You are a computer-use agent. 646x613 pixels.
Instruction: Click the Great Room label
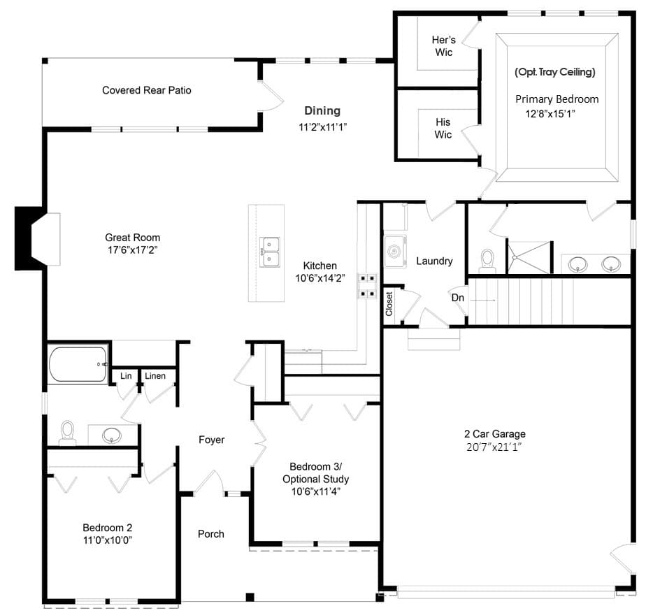pyautogui.click(x=132, y=237)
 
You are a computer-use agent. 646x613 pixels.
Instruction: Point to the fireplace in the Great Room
pyautogui.click(x=37, y=239)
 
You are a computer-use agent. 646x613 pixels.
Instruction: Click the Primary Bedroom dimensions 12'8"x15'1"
pyautogui.click(x=550, y=114)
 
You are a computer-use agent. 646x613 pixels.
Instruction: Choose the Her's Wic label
pyautogui.click(x=444, y=45)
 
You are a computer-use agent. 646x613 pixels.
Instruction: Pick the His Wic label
pyautogui.click(x=443, y=128)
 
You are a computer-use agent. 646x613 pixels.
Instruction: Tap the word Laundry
pyautogui.click(x=434, y=261)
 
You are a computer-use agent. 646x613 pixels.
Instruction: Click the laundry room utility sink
pyautogui.click(x=396, y=251)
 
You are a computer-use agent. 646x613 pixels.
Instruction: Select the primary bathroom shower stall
pyautogui.click(x=529, y=257)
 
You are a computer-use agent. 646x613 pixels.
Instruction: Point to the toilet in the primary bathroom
pyautogui.click(x=487, y=261)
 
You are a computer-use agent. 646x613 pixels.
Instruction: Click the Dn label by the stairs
pyautogui.click(x=458, y=298)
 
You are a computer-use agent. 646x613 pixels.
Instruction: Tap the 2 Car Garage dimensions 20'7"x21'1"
pyautogui.click(x=494, y=447)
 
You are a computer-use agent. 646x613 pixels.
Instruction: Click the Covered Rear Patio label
pyautogui.click(x=147, y=90)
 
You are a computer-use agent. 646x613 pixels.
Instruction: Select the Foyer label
pyautogui.click(x=211, y=440)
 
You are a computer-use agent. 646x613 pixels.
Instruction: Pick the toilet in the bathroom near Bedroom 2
pyautogui.click(x=67, y=433)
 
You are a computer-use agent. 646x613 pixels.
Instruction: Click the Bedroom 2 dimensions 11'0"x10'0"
pyautogui.click(x=108, y=540)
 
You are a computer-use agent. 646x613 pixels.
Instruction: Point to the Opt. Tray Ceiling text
pyautogui.click(x=555, y=72)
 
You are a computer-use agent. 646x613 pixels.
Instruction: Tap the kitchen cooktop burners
pyautogui.click(x=366, y=286)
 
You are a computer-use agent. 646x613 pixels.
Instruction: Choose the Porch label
pyautogui.click(x=211, y=534)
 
